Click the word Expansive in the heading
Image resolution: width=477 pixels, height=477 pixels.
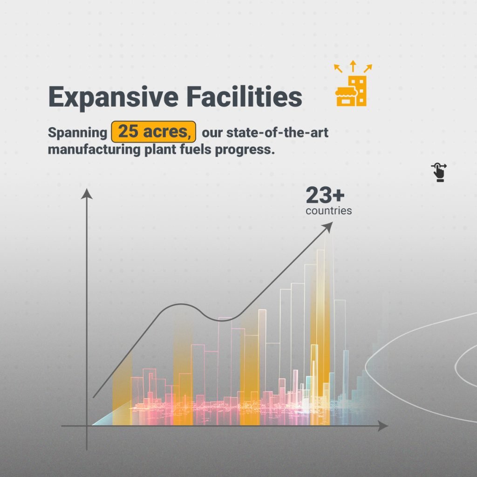point(113,97)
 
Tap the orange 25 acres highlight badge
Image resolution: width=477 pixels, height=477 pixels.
point(154,132)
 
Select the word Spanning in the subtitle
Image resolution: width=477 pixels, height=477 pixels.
point(78,133)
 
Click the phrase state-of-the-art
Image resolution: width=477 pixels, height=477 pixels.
point(277,132)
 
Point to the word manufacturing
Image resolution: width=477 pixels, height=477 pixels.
point(94,150)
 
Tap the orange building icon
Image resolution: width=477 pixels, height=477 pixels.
point(351,91)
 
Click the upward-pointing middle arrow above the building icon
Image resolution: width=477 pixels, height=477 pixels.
point(353,66)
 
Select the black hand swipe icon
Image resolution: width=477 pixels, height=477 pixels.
point(439,172)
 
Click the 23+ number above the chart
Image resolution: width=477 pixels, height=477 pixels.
point(325,195)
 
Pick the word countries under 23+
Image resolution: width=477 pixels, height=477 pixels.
point(329,211)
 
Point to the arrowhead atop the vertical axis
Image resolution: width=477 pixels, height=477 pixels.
point(87,194)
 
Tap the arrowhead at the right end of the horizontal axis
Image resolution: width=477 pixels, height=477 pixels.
point(383,426)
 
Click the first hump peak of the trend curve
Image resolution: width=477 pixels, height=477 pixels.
point(182,304)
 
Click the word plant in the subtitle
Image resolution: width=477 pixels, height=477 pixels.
point(160,150)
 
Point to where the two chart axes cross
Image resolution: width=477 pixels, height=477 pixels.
point(87,426)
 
